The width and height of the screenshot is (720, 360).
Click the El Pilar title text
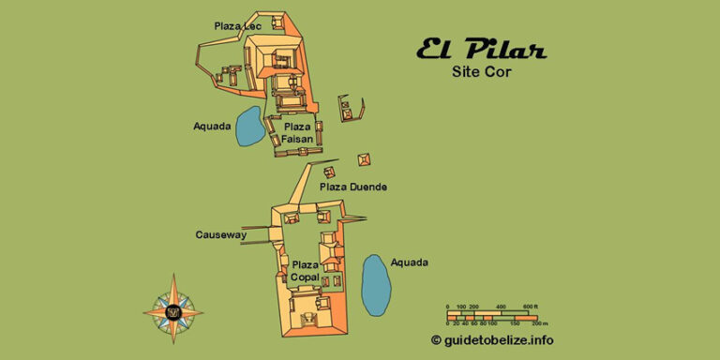pos(481,50)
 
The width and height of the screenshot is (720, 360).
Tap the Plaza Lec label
pos(237,25)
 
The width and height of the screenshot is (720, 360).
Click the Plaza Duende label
pos(353,187)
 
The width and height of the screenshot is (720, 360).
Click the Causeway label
pos(220,233)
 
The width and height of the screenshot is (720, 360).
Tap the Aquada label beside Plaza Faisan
pos(212,127)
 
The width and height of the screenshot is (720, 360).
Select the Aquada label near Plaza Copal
pos(410,262)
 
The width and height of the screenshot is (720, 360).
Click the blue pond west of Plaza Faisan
pos(248,127)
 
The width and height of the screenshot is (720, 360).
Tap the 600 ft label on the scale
pos(530,307)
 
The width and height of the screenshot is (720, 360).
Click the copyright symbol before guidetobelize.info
pos(436,339)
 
